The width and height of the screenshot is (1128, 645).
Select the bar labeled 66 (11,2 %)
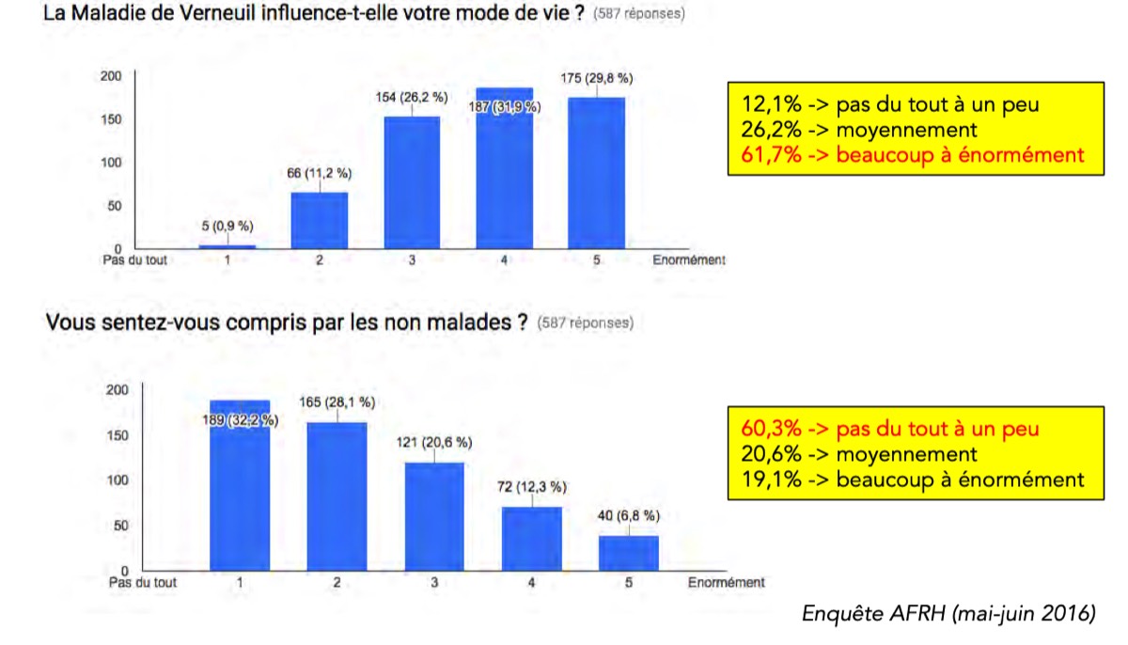320,220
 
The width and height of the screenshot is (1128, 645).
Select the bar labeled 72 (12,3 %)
532,538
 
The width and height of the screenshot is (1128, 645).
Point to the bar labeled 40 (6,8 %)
629,552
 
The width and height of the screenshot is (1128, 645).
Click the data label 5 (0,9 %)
226,226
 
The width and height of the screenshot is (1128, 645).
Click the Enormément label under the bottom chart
726,583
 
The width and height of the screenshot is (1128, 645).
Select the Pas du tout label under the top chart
134,260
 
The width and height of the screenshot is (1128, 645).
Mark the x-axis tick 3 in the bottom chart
434,583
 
